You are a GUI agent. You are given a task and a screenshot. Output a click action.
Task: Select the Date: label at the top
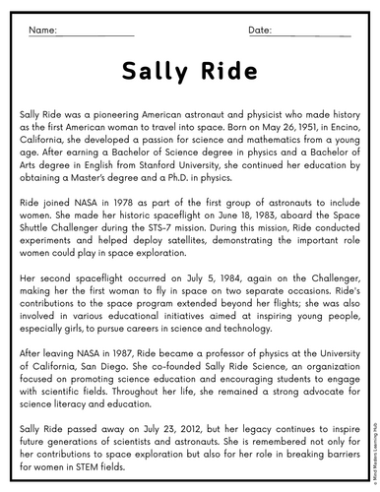point(261,31)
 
